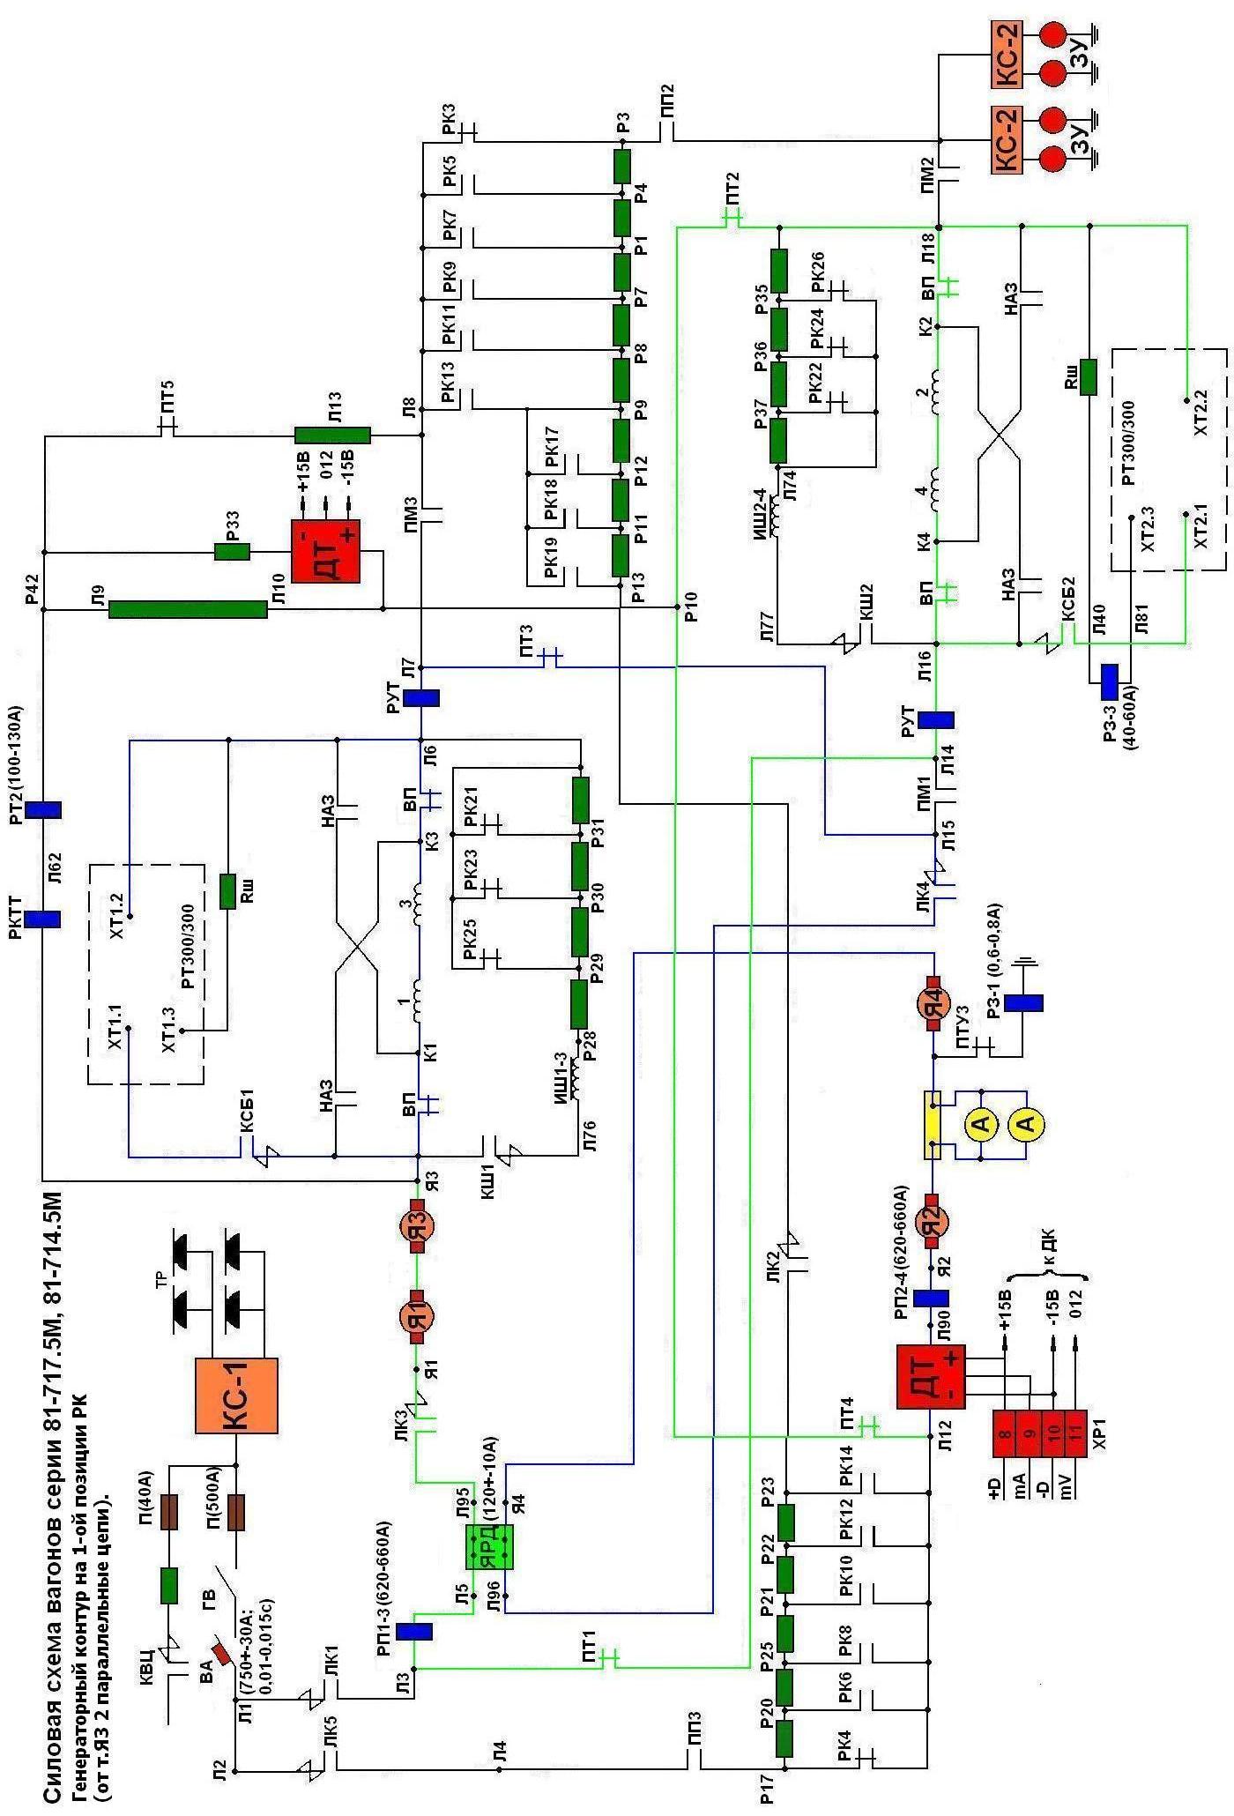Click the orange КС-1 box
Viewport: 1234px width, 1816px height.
pos(236,1395)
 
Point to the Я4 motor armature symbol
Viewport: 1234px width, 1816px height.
pos(933,1003)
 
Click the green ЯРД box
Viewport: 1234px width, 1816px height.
pos(489,1546)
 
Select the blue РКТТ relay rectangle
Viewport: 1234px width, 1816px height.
pos(42,919)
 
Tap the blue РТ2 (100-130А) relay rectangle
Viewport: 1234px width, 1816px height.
pos(42,810)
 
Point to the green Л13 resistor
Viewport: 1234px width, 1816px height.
pos(332,435)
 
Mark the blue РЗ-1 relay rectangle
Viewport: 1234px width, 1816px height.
pos(1023,1003)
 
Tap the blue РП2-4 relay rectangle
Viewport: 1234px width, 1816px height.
pos(931,1298)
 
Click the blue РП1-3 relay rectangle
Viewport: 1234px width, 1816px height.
pos(413,1632)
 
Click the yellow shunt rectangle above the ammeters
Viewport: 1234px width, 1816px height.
pos(933,1124)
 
